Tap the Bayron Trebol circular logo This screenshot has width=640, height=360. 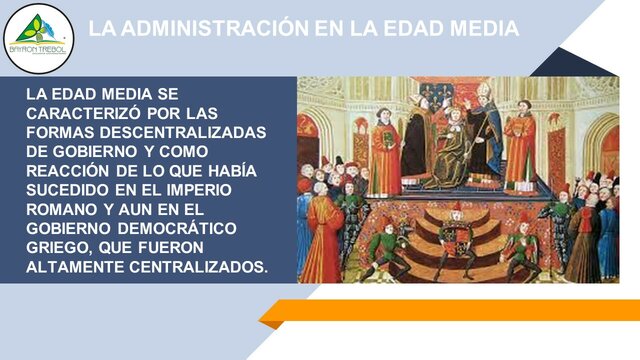(38, 38)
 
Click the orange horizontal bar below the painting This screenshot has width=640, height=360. (450, 311)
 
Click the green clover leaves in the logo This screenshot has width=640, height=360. (38, 29)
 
